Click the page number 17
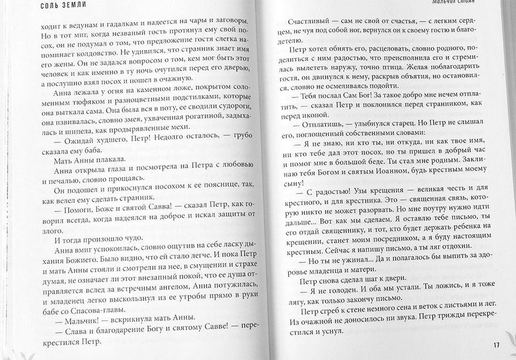pos(496,346)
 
